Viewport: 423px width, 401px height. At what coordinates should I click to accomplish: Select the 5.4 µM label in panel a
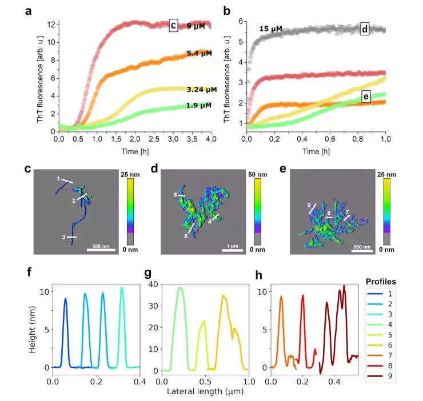click(199, 53)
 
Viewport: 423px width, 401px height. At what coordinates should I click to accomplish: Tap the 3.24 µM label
click(202, 90)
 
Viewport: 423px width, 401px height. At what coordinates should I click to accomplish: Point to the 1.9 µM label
click(199, 105)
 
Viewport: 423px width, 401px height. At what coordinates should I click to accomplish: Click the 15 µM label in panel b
click(271, 29)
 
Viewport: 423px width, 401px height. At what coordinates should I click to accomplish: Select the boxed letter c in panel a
click(173, 26)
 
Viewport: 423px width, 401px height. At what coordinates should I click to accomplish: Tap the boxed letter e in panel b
click(364, 97)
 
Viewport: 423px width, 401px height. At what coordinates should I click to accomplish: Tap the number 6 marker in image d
click(186, 236)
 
